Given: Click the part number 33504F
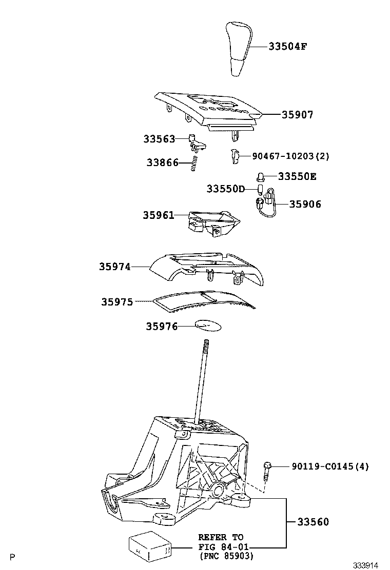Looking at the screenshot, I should (x=288, y=47).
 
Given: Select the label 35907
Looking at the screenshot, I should (x=297, y=115).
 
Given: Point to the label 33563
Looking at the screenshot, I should (x=159, y=139).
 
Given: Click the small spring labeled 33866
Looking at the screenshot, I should (x=194, y=164).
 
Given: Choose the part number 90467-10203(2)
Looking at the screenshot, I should (x=290, y=156).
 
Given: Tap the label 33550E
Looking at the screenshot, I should (x=297, y=177).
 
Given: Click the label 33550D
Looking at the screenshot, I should (x=226, y=189).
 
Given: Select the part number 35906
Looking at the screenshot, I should (x=305, y=204).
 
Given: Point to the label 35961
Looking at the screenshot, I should (x=159, y=216).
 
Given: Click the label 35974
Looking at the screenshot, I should (x=115, y=267).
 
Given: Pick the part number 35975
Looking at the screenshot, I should (x=117, y=302).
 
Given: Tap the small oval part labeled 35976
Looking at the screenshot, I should (x=207, y=325).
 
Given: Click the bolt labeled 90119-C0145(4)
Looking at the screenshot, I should (x=267, y=470).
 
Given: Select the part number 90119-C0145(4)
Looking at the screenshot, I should (x=330, y=466).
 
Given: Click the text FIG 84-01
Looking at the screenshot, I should (x=221, y=547).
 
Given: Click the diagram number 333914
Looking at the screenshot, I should (x=365, y=565).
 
